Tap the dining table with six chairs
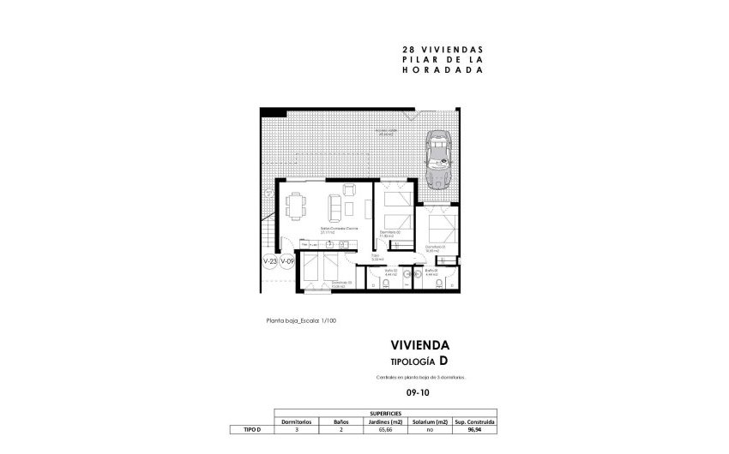click(296, 206)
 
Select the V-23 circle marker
click(269, 261)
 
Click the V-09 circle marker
click(287, 261)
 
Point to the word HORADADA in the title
click(437, 72)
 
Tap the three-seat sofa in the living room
click(334, 206)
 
